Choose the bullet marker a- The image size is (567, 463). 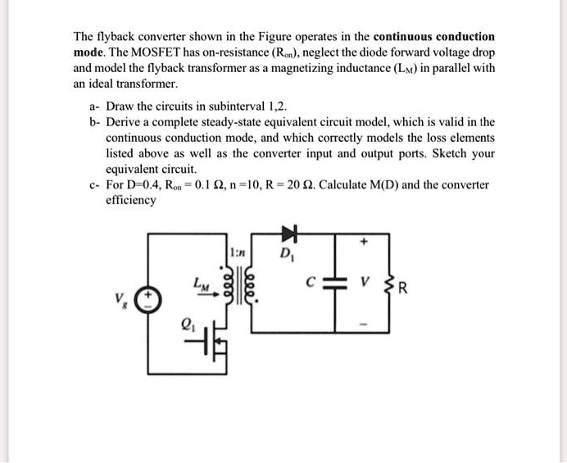pyautogui.click(x=94, y=106)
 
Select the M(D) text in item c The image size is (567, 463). pyautogui.click(x=384, y=184)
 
